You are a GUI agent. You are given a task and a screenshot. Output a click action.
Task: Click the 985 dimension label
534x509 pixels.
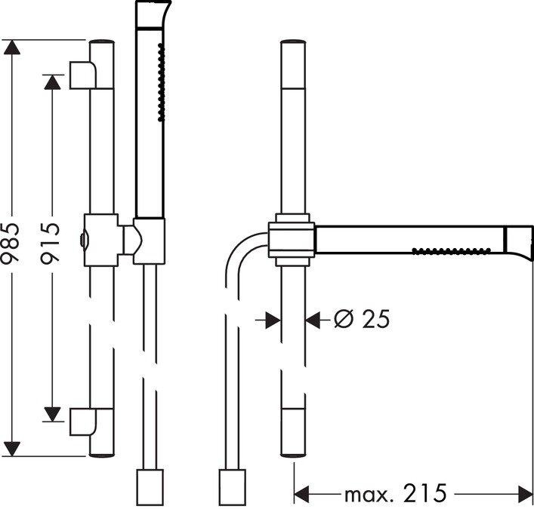[x=11, y=243]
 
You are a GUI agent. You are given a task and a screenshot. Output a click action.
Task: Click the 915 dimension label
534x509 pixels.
[x=51, y=243]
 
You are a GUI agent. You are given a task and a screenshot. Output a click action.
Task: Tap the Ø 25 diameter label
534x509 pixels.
[x=362, y=319]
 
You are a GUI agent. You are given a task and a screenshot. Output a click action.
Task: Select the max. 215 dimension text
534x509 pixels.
[x=395, y=493]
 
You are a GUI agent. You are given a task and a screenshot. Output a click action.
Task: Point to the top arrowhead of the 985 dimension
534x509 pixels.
[x=12, y=48]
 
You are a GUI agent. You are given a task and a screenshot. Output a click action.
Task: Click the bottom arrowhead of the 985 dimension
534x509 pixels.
[x=12, y=449]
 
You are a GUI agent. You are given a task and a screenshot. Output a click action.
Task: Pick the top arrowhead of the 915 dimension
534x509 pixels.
[x=52, y=82]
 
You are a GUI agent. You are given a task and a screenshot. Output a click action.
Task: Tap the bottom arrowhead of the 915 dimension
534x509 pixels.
[x=52, y=414]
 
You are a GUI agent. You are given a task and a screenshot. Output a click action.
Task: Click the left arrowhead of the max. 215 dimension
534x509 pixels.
[x=301, y=494]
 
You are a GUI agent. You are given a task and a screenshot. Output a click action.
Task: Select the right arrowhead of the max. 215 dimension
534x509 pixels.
[x=525, y=494]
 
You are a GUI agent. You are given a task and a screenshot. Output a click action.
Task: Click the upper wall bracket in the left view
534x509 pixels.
[x=83, y=75]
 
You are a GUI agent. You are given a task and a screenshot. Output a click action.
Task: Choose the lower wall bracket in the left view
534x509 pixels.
[x=83, y=422]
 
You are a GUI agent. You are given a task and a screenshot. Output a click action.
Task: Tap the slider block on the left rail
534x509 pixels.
[x=101, y=240]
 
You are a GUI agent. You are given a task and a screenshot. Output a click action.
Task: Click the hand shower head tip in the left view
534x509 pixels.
[x=153, y=14]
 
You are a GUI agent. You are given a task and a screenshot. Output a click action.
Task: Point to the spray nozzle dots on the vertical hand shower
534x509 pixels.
[x=162, y=82]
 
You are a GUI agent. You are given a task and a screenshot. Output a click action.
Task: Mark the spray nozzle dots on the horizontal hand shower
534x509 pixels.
[x=451, y=251]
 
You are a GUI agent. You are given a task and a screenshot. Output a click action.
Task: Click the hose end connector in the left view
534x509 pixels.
[x=150, y=487]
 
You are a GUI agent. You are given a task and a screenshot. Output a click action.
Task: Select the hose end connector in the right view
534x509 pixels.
[x=233, y=487]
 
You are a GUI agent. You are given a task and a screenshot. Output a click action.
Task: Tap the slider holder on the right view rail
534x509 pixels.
[x=292, y=240]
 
